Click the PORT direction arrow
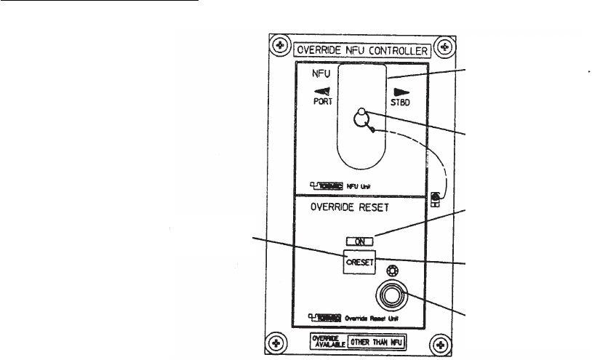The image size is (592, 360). (323, 92)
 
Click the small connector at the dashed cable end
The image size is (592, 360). (436, 197)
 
